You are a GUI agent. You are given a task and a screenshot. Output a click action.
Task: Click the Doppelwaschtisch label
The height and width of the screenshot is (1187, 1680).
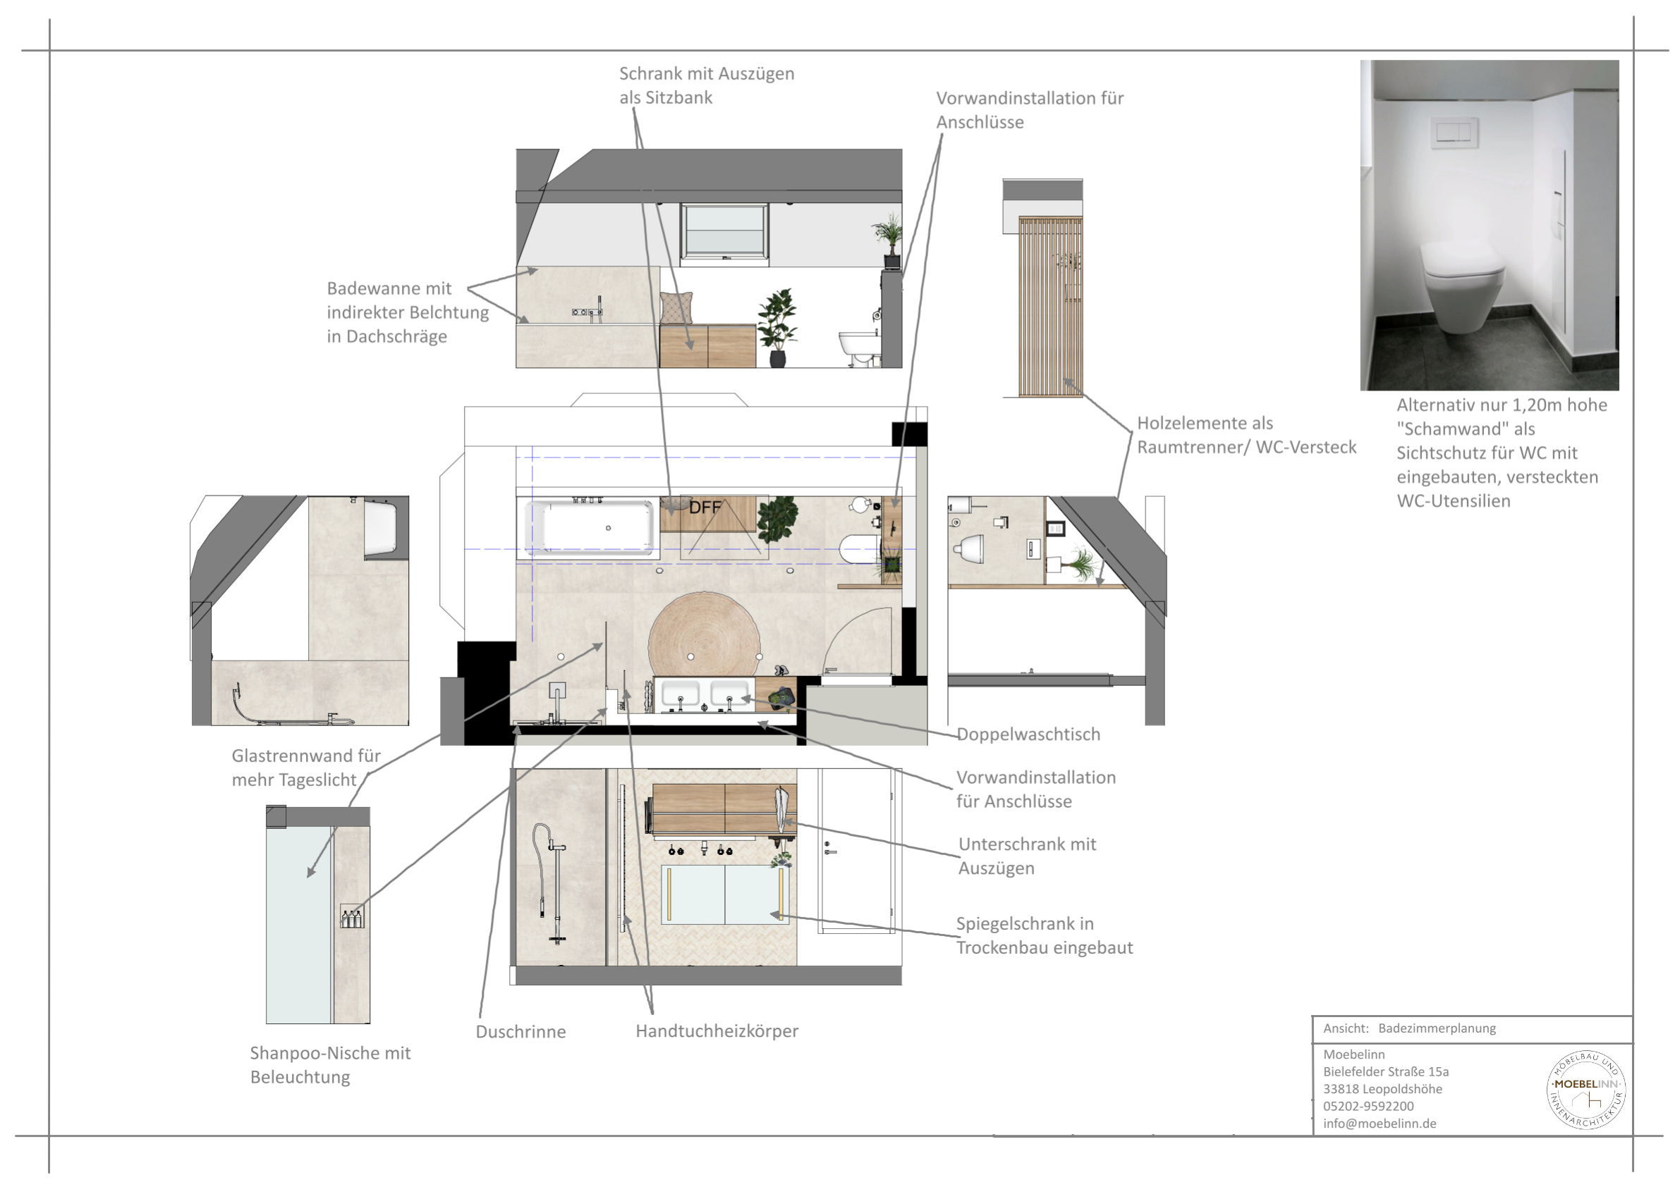(x=1028, y=734)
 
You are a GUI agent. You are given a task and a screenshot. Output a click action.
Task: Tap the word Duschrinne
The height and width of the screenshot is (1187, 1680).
(x=521, y=1031)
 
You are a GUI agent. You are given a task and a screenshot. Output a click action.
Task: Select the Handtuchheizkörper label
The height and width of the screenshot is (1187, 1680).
(x=717, y=1031)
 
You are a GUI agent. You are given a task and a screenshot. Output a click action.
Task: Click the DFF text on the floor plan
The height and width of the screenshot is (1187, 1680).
(x=705, y=507)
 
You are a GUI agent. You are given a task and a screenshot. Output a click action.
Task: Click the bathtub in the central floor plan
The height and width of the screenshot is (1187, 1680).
(x=590, y=527)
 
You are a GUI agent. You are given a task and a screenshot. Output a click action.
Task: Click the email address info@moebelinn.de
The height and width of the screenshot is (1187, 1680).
(x=1380, y=1124)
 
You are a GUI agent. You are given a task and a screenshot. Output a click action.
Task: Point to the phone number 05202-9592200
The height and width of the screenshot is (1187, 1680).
(x=1368, y=1106)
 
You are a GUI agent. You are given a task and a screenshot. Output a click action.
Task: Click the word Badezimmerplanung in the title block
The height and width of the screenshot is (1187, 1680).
(x=1437, y=1028)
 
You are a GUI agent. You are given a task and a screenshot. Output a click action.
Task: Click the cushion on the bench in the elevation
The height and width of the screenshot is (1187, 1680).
(x=676, y=308)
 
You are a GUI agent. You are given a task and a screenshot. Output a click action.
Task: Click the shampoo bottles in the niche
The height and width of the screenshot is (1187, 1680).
(x=352, y=917)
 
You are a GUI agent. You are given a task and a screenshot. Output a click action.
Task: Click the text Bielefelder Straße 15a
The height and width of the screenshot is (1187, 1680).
(x=1386, y=1071)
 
